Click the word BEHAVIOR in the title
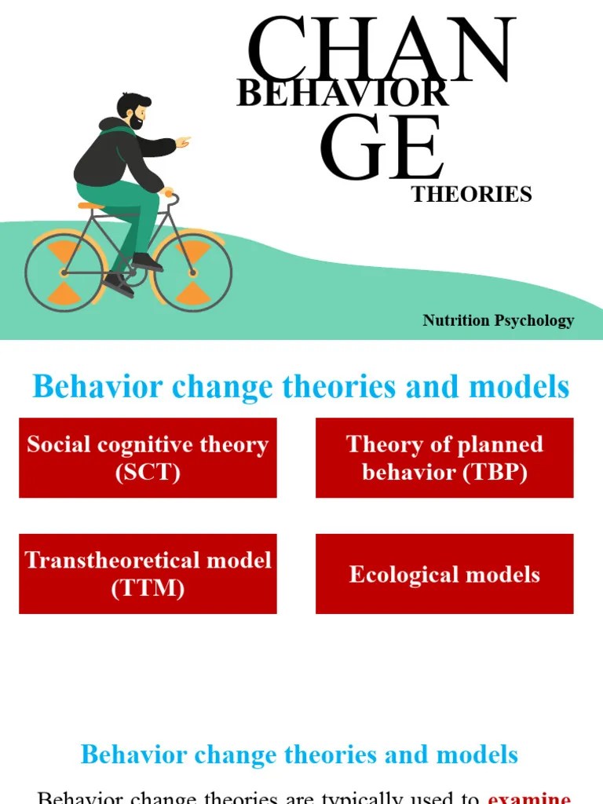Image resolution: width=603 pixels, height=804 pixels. click(x=342, y=94)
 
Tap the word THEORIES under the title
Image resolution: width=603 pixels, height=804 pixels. click(x=472, y=195)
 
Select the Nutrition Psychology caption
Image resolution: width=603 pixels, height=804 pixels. click(x=498, y=320)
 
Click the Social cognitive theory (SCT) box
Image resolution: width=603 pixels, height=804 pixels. click(x=148, y=458)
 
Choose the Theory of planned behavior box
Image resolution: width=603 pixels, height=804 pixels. click(x=444, y=458)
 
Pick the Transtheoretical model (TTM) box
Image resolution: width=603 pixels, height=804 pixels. click(x=148, y=574)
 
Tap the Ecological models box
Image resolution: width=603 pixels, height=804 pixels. click(x=444, y=574)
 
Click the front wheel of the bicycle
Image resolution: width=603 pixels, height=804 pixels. click(x=192, y=272)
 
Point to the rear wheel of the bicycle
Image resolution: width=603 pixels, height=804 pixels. click(x=64, y=272)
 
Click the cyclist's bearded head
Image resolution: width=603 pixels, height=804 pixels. click(x=133, y=111)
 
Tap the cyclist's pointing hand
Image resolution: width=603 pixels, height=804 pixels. click(x=182, y=142)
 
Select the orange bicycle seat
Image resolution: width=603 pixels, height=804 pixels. click(x=91, y=206)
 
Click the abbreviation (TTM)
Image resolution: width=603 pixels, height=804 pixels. click(x=148, y=588)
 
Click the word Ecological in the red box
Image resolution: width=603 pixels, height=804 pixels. click(x=403, y=574)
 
